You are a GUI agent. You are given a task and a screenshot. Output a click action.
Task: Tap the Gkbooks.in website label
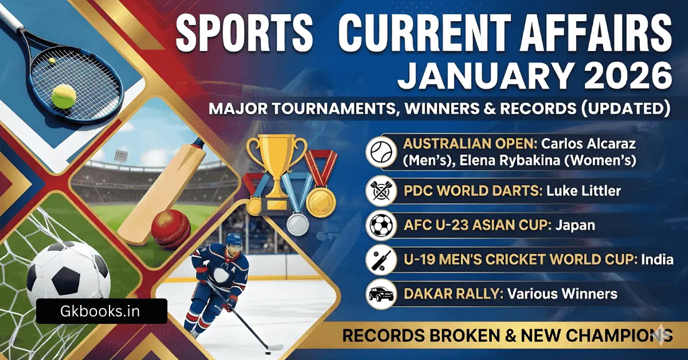click(x=100, y=311)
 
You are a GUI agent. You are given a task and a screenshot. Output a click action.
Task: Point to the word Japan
click(x=575, y=225)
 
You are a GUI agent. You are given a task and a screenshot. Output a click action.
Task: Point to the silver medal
click(x=297, y=222)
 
